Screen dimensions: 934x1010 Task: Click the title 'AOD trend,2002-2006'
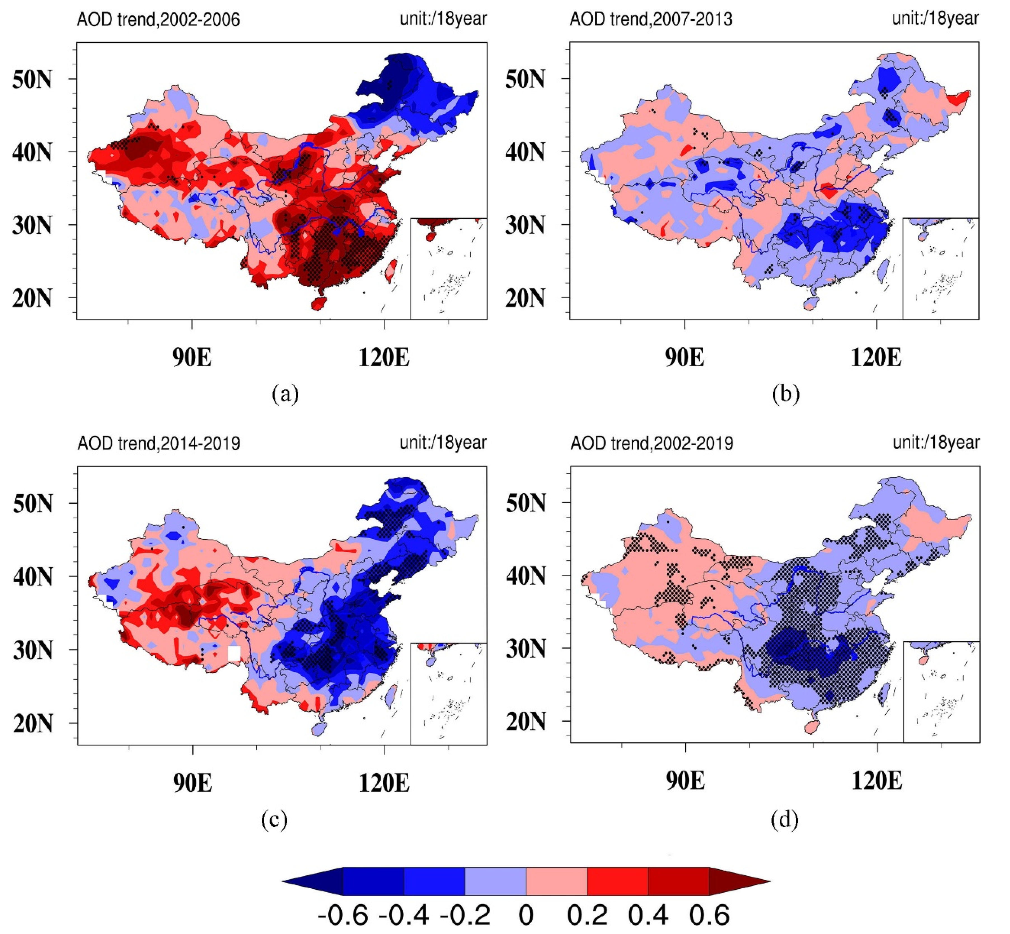[x=158, y=20]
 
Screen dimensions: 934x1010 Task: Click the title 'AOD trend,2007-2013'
[x=651, y=19]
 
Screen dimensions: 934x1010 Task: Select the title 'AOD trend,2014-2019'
[x=159, y=444]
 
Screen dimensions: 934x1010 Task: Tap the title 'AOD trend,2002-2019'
[x=652, y=443]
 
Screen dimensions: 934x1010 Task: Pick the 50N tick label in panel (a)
[x=32, y=79]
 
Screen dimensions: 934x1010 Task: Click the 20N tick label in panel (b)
[x=525, y=298]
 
